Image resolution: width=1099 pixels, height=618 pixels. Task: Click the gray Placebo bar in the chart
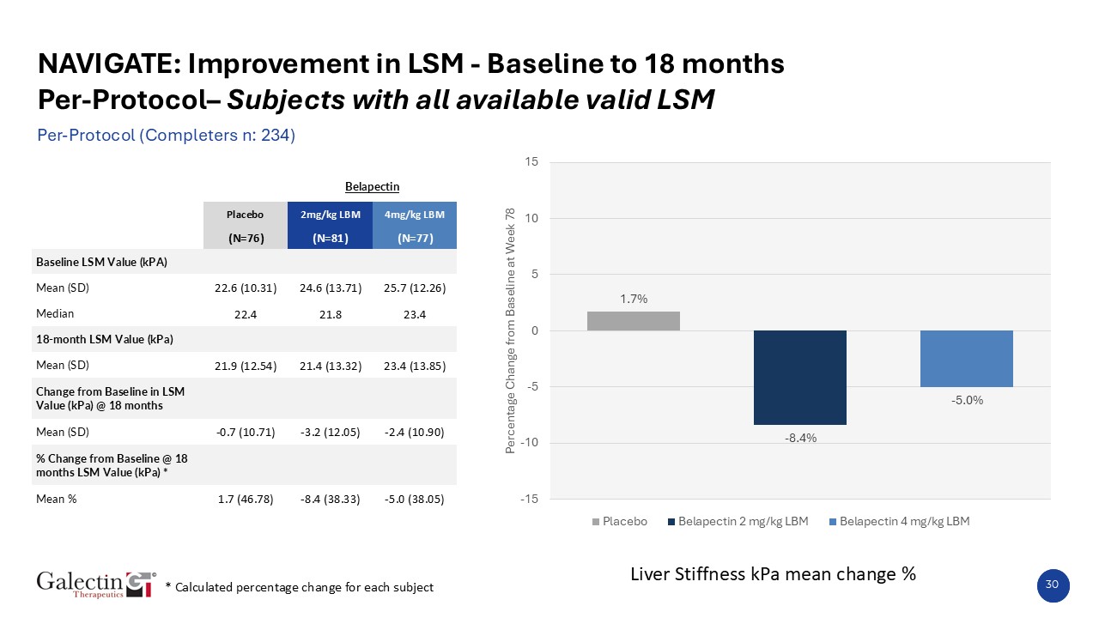tap(633, 321)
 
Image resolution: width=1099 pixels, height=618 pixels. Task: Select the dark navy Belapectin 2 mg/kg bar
tap(799, 377)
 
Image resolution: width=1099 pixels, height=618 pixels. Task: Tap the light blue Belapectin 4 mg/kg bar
tap(966, 359)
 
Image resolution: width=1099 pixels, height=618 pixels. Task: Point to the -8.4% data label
tap(799, 438)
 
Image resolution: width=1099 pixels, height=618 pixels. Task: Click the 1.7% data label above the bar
tap(634, 299)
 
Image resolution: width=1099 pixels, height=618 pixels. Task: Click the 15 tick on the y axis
tap(531, 162)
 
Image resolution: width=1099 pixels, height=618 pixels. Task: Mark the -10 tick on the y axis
tap(529, 443)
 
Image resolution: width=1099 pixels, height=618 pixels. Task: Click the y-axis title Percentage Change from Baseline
tap(511, 330)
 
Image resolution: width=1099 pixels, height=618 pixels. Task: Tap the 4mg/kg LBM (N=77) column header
tap(415, 226)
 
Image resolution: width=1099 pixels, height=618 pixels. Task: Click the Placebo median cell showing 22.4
tap(245, 313)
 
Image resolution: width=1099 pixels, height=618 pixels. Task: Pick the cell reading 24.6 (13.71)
tap(331, 288)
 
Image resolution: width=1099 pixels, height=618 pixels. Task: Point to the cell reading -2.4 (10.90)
tap(415, 432)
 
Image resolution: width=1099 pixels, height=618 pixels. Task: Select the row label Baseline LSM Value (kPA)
tap(101, 262)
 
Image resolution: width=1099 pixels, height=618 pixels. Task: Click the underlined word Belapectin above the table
tap(372, 186)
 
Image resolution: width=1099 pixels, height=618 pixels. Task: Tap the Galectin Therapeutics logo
tap(94, 584)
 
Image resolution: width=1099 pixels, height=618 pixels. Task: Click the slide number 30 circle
tap(1052, 584)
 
